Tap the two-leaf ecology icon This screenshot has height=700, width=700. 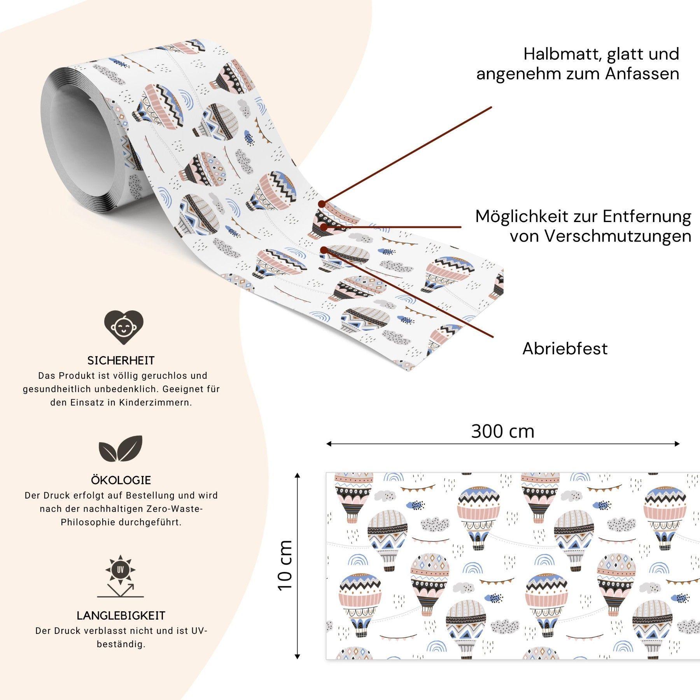[121, 448]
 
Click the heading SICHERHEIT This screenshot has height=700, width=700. [121, 360]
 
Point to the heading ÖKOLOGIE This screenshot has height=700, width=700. [121, 480]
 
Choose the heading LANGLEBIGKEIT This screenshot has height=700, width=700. [121, 616]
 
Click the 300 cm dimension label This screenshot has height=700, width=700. [502, 431]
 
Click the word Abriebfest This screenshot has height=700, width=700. [565, 348]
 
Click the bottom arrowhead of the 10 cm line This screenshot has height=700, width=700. [297, 657]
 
